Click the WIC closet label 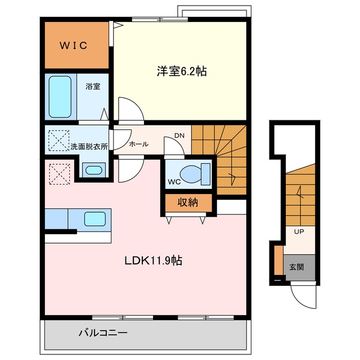coord(74,45)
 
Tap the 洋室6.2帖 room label coord(182,71)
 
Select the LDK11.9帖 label coord(154,260)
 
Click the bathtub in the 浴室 coord(60,97)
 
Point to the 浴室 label coord(93,87)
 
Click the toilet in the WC coord(195,174)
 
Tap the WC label coord(174,182)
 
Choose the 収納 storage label coord(188,202)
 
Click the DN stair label coord(179,136)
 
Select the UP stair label coord(299,232)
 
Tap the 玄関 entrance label coord(296,267)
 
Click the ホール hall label coord(139,144)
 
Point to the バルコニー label coord(103,332)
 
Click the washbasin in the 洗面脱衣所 coord(94,170)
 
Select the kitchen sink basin coord(95,219)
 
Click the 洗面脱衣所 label coord(89,146)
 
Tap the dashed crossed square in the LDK coord(60,174)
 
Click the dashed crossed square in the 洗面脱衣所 coord(58,141)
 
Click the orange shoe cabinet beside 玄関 coord(279,260)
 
